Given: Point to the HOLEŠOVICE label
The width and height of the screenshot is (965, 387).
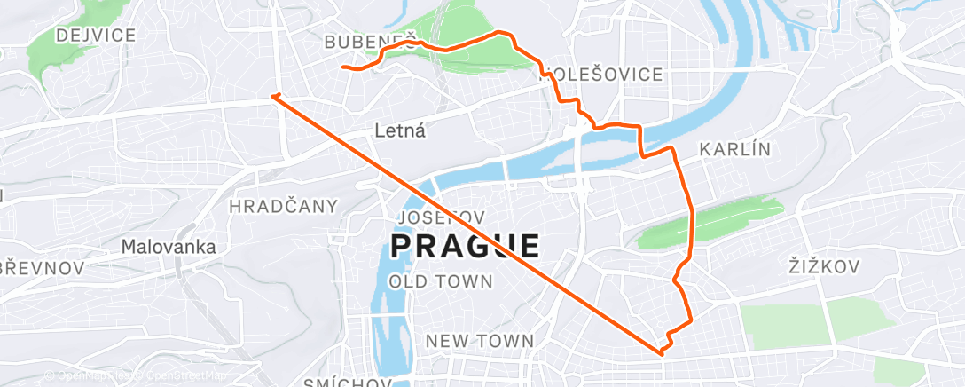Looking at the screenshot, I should (601, 75).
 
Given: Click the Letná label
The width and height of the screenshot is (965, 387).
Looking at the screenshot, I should (400, 131).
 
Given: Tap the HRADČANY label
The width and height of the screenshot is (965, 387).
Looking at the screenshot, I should (284, 207).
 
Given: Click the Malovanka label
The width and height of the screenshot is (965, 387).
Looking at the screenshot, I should (169, 247).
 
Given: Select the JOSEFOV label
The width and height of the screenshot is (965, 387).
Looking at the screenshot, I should (442, 217).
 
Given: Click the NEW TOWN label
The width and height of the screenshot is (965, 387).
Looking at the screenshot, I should (479, 341).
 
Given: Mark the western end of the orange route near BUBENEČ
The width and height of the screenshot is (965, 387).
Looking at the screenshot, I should (343, 67).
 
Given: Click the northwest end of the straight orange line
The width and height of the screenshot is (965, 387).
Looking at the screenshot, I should (274, 95).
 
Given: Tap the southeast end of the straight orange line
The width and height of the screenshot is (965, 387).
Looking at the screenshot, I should (662, 353).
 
